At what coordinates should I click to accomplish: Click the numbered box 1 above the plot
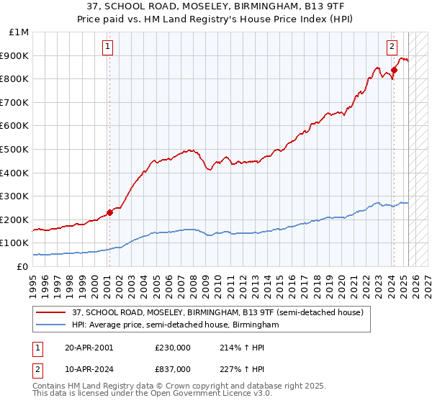click(x=107, y=47)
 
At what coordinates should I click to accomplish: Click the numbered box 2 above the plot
click(x=392, y=47)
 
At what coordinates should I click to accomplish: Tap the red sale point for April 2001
click(x=109, y=212)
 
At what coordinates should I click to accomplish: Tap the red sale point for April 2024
click(x=394, y=70)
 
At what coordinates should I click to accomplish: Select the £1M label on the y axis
click(x=19, y=32)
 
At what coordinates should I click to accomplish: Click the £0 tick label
click(x=23, y=266)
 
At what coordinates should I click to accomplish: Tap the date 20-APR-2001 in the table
click(x=89, y=347)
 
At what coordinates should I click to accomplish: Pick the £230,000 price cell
click(x=172, y=347)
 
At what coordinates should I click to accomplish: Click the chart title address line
click(x=216, y=6)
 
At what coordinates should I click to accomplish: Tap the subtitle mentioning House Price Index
click(x=216, y=18)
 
